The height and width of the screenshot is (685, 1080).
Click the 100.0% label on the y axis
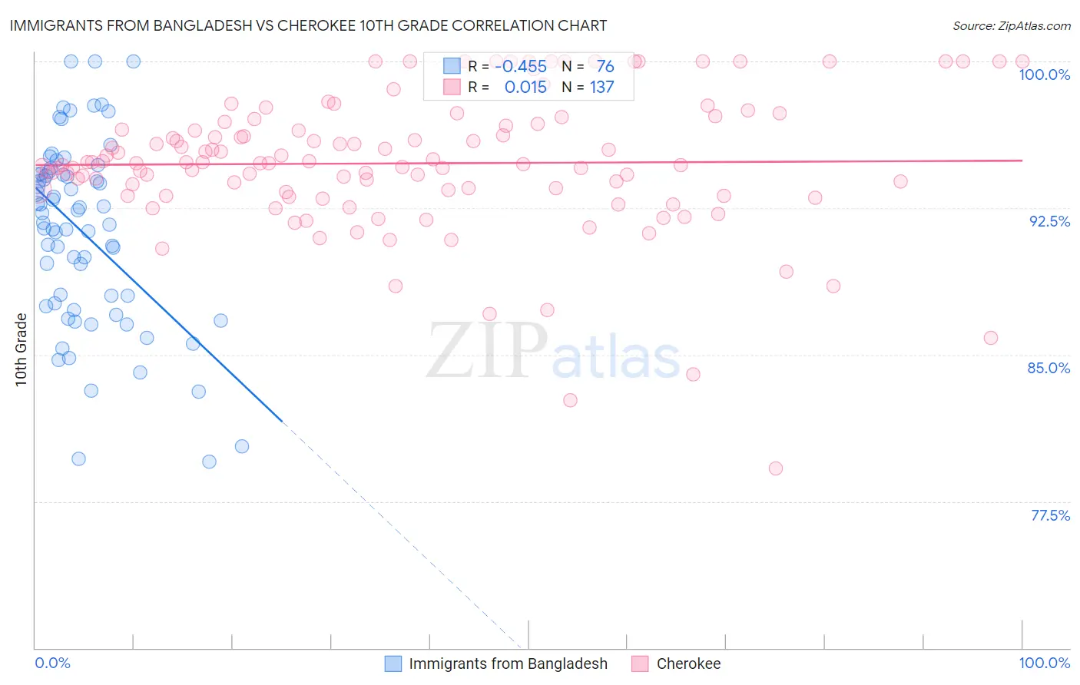pyautogui.click(x=1044, y=74)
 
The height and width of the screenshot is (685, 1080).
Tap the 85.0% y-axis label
pyautogui.click(x=1049, y=368)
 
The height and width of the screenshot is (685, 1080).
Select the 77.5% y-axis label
pyautogui.click(x=1050, y=515)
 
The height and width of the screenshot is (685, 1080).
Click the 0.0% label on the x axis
pyautogui.click(x=52, y=663)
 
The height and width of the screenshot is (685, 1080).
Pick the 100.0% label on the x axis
pyautogui.click(x=1044, y=663)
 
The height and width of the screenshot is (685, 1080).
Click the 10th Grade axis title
pyautogui.click(x=21, y=349)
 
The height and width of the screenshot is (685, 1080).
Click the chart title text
pyautogui.click(x=308, y=25)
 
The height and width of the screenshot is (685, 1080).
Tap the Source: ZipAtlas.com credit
pyautogui.click(x=1011, y=25)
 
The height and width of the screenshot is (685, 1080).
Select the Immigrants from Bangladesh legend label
pyautogui.click(x=508, y=663)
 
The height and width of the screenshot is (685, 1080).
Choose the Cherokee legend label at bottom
pyautogui.click(x=688, y=663)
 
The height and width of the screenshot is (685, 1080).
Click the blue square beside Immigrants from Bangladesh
pyautogui.click(x=393, y=663)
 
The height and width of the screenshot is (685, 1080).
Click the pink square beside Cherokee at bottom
pyautogui.click(x=641, y=663)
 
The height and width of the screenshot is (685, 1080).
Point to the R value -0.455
pyautogui.click(x=521, y=66)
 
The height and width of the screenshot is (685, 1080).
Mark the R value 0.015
pyautogui.click(x=525, y=87)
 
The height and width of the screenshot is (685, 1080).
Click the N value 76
pyautogui.click(x=605, y=66)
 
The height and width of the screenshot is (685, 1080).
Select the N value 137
pyautogui.click(x=601, y=87)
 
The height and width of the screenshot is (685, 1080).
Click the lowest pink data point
pyautogui.click(x=775, y=468)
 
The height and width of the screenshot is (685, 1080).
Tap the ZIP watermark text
pyautogui.click(x=487, y=351)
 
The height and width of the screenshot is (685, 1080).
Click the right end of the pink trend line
pyautogui.click(x=1022, y=160)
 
